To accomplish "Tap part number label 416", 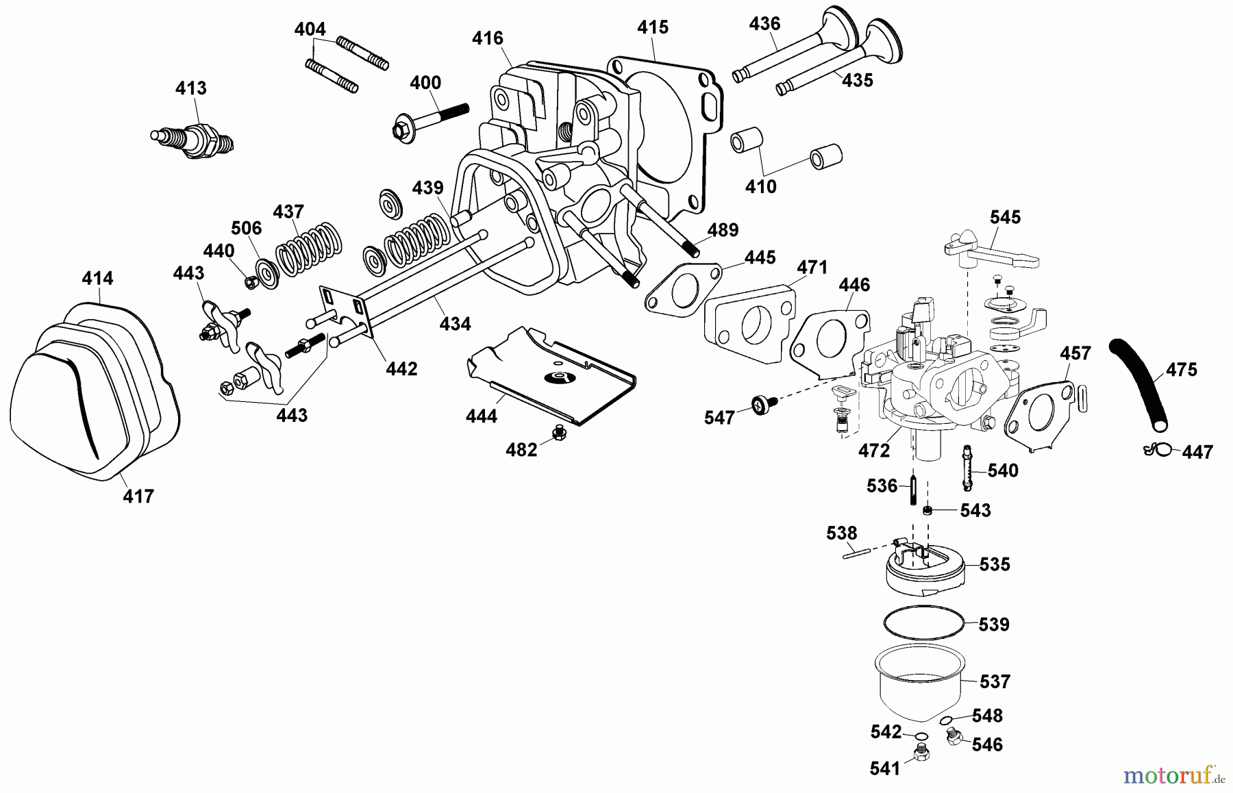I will [x=488, y=38].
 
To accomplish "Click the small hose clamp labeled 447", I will [x=1156, y=449].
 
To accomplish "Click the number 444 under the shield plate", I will [x=481, y=416].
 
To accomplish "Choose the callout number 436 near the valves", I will [x=764, y=23].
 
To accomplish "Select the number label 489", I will [x=723, y=230].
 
